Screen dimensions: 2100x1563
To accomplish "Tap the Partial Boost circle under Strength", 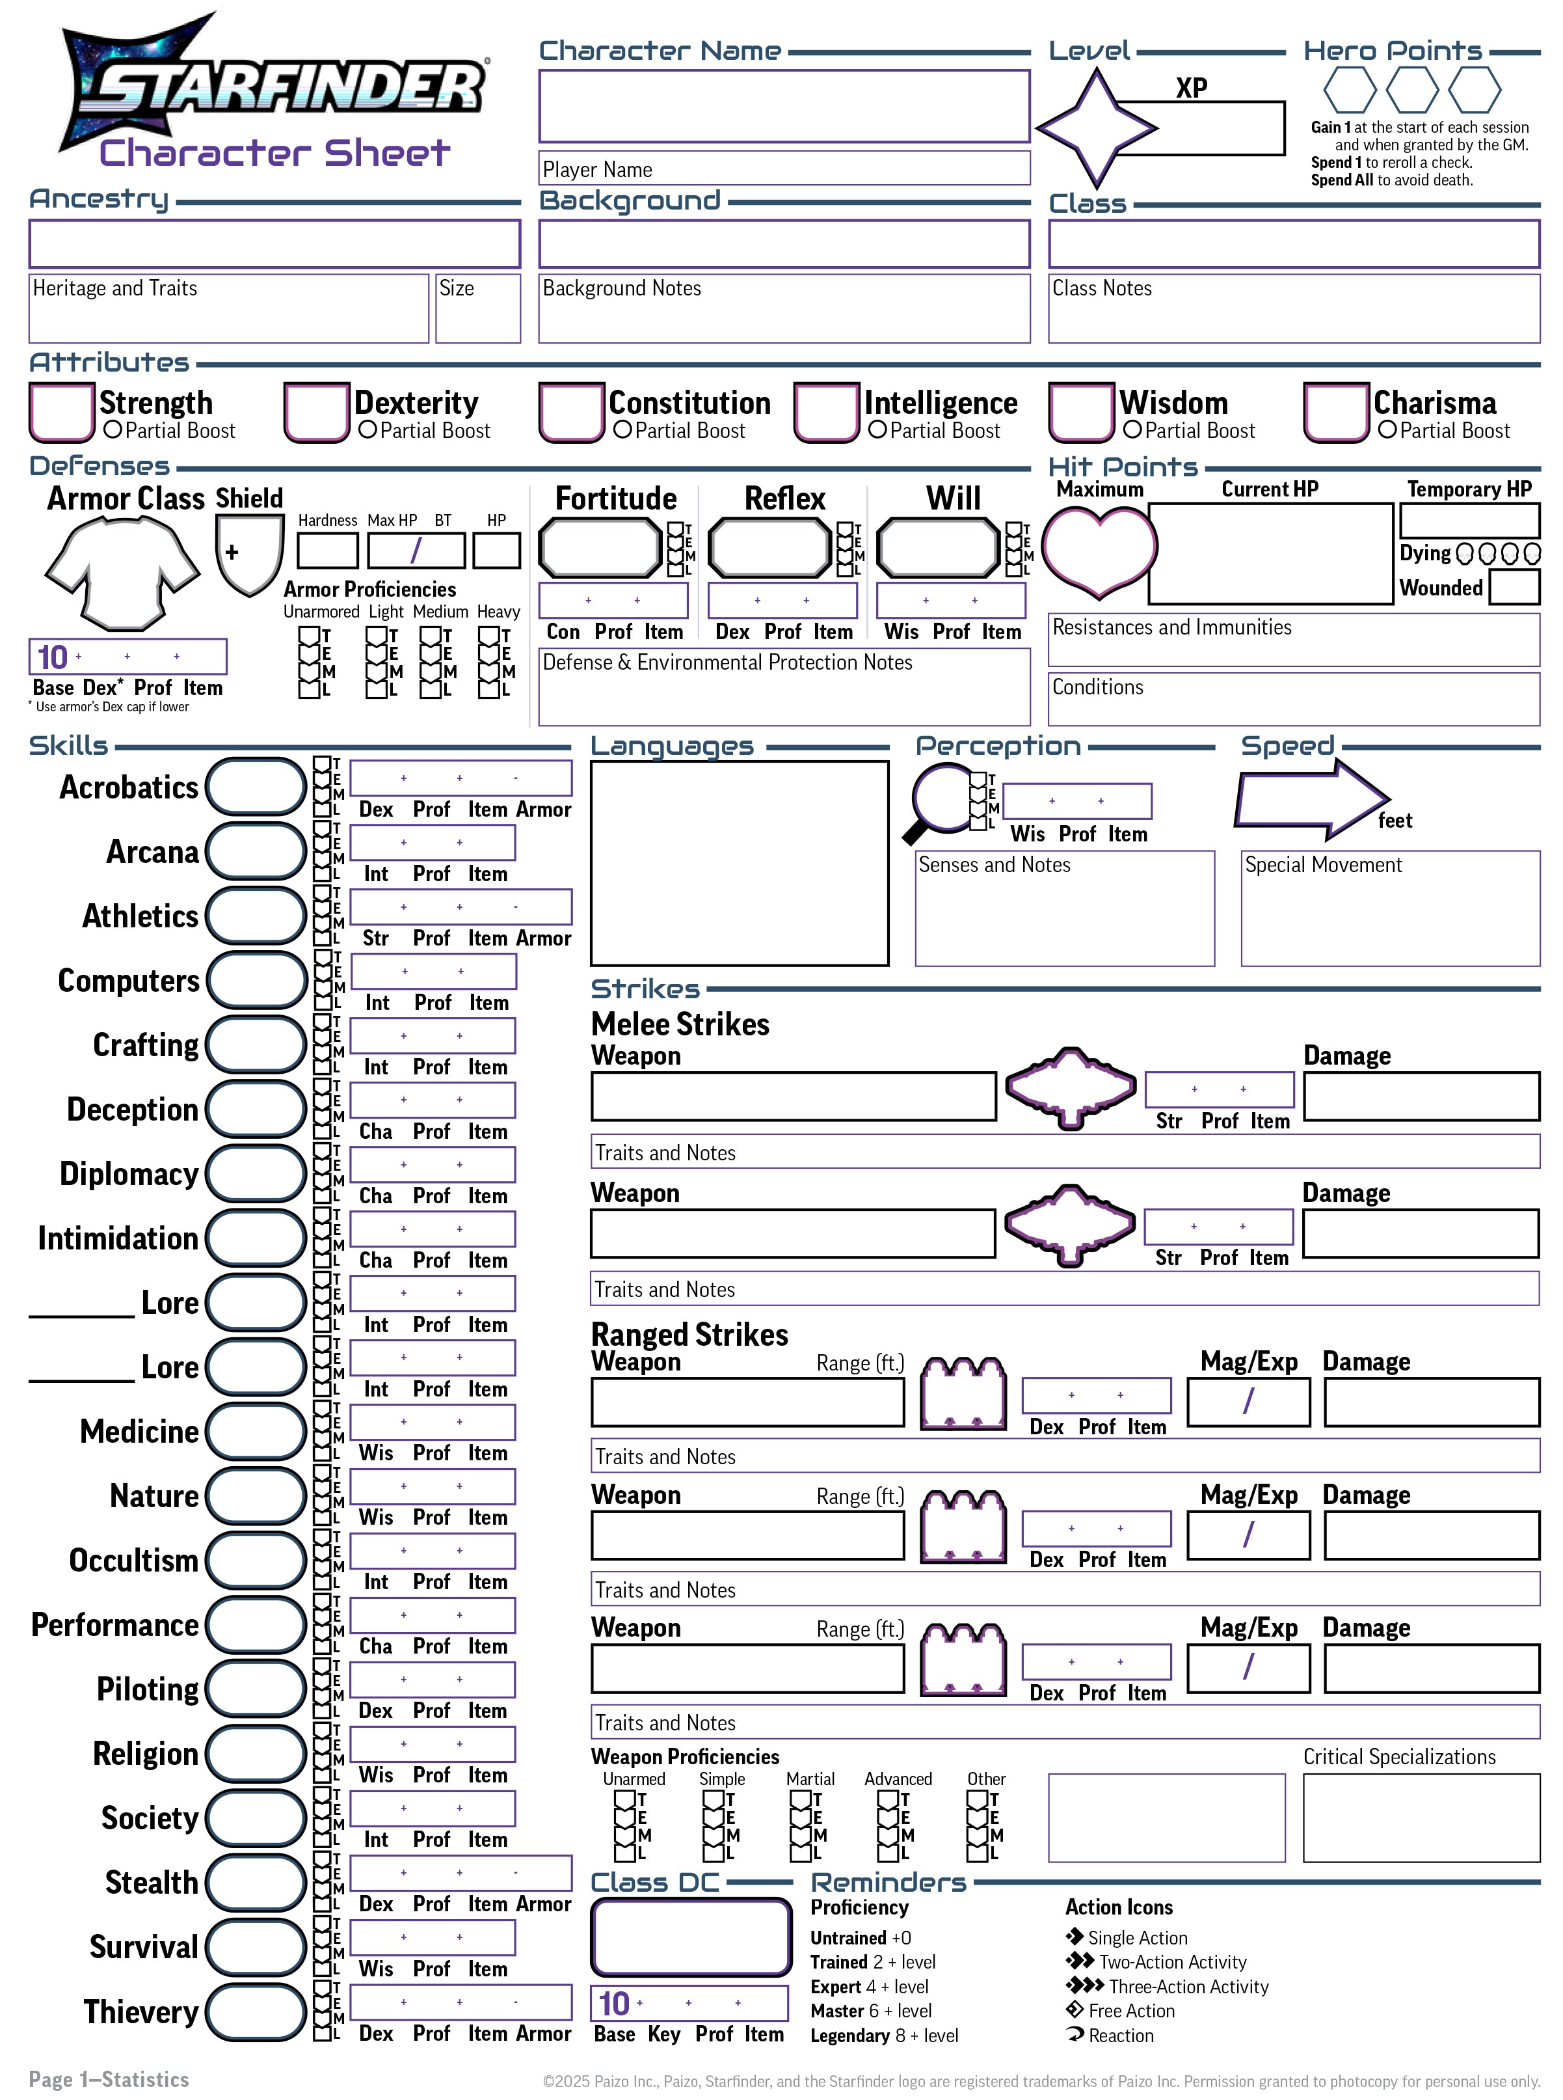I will [113, 430].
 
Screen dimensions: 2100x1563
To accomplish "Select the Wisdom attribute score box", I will [1080, 412].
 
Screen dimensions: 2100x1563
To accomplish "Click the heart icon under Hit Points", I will [1099, 549].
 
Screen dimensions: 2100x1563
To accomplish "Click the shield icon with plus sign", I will [249, 554].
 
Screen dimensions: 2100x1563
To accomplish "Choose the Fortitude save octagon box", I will [600, 548].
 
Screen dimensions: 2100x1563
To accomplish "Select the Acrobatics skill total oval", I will [256, 786].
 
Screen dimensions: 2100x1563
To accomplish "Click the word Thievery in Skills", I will [141, 2011].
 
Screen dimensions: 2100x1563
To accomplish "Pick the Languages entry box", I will [739, 863].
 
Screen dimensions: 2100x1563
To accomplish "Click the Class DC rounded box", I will [691, 1936].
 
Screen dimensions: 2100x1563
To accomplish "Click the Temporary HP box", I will [1469, 521].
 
